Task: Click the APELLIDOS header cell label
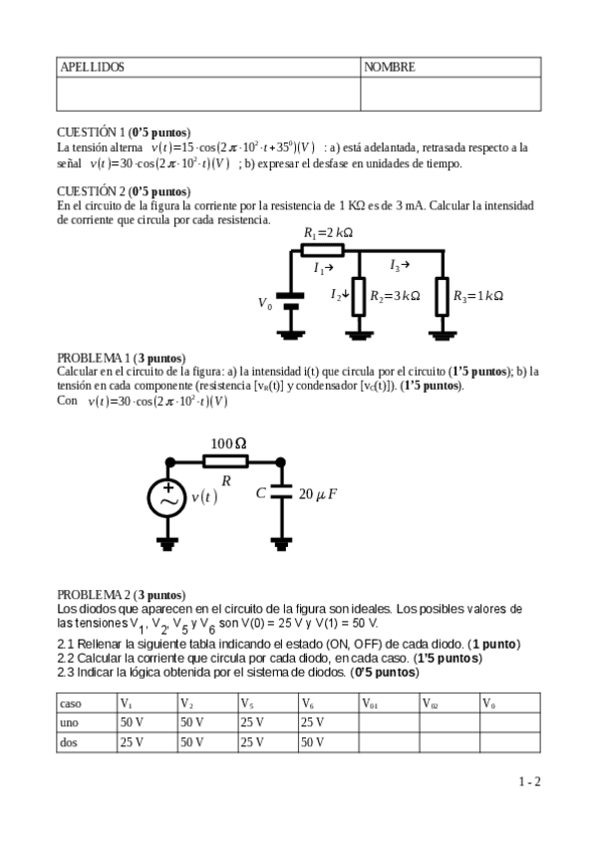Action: coord(93,67)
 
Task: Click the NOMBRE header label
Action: coord(390,67)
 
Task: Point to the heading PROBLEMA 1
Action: coord(94,358)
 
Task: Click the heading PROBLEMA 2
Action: coord(94,594)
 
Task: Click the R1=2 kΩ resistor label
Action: coord(329,233)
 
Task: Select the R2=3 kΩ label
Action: coord(395,296)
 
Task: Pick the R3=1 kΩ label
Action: coord(478,296)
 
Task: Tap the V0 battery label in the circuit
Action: coord(264,303)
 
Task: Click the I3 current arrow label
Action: coord(399,265)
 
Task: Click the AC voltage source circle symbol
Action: coord(167,498)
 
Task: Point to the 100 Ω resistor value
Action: coord(228,442)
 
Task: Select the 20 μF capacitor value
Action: coord(318,493)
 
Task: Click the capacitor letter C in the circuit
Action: coord(261,492)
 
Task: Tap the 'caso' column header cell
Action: coord(71,703)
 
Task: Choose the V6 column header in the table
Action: coord(309,703)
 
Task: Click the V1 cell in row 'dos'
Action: coord(133,741)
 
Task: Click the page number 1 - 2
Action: coord(528,782)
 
